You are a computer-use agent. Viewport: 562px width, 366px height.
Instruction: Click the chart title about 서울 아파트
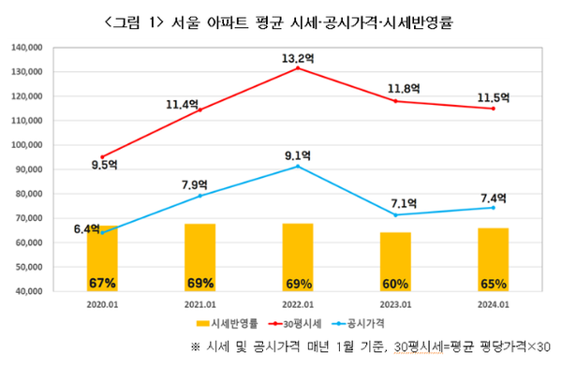281,21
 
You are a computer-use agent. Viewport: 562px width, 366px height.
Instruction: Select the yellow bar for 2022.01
297,256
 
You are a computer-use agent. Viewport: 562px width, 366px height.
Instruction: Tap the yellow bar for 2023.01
394,261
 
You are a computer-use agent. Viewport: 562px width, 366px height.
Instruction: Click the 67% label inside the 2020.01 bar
102,283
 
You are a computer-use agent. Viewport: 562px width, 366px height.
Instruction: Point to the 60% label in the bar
394,283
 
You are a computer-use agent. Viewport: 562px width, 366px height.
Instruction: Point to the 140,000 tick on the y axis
31,47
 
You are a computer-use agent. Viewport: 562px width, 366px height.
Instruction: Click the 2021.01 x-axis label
200,304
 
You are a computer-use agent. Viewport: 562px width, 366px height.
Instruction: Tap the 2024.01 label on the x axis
492,304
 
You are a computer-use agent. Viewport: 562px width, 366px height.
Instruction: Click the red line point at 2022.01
297,68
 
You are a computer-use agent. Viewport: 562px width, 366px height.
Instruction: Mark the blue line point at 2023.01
394,215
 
